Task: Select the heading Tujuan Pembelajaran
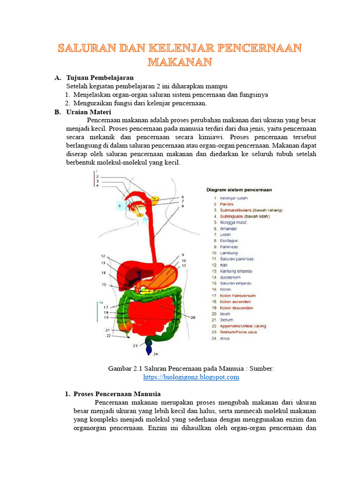100,77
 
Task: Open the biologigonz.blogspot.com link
191,377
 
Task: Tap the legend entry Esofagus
230,240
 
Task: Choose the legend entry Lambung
229,253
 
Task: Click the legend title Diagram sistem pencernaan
240,190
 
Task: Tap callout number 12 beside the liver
103,256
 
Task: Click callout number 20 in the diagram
193,317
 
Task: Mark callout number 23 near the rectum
135,346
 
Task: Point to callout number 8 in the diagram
183,206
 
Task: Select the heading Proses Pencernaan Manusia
117,394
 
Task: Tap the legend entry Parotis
226,204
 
